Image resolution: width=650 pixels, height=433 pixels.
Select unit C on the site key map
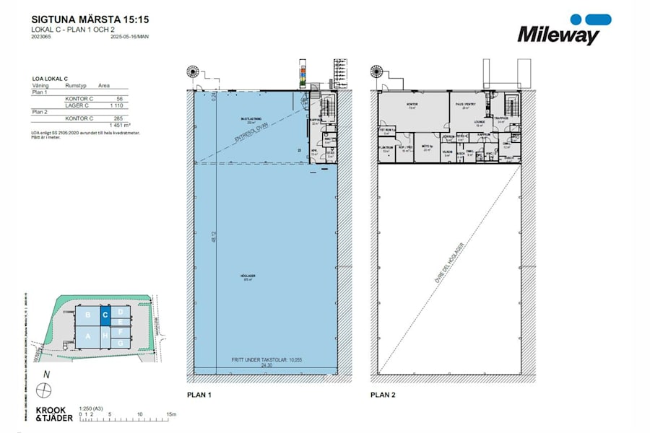105,315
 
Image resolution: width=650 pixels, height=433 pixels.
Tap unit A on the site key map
88,336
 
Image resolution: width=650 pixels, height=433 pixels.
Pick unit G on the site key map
121,344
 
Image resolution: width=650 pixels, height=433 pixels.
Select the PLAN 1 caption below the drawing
200,395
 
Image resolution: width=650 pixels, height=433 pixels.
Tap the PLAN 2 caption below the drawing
384,395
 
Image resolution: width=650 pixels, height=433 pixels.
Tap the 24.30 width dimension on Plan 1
266,366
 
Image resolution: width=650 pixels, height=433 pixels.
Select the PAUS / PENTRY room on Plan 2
463,105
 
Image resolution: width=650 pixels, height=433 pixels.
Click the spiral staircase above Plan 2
376,72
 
